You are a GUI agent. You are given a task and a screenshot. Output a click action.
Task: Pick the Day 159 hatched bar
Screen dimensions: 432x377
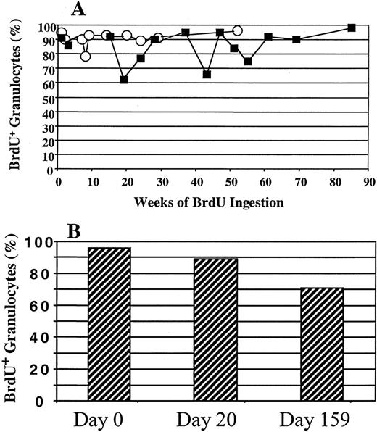pos(321,344)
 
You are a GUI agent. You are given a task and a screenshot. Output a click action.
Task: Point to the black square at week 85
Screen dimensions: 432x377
pos(352,28)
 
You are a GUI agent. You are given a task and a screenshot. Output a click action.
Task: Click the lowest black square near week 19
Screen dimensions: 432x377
pos(124,79)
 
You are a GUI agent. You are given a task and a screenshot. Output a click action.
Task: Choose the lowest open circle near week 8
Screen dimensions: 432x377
pos(86,57)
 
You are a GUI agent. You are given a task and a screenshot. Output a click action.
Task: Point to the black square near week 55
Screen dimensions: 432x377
pos(248,62)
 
